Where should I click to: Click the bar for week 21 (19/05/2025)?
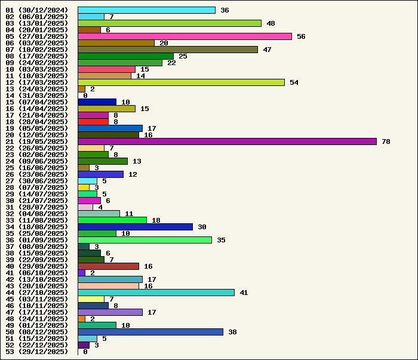pos(227,141)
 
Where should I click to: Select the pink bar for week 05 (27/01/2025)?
pos(185,36)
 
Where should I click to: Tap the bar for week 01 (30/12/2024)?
pos(146,10)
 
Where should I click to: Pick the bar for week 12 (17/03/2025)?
pos(181,82)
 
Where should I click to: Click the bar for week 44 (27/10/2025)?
pos(156,293)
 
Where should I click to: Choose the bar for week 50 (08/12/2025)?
pos(150,332)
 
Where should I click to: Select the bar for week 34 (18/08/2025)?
pos(135,227)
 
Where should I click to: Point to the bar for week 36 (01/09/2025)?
pos(145,240)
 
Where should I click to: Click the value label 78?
pos(386,141)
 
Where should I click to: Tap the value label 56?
pos(301,36)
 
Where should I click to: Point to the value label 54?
pos(294,82)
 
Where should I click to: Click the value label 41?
pos(244,293)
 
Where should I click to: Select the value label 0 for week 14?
pos(85,96)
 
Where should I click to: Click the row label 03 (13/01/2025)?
pos(37,23)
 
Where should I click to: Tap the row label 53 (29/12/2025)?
pos(37,352)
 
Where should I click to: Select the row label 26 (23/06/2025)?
pos(37,174)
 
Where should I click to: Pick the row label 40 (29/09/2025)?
pos(37,266)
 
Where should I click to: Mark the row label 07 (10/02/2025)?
pos(37,50)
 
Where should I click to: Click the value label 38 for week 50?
pos(232,332)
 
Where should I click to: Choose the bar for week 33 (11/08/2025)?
pos(112,220)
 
